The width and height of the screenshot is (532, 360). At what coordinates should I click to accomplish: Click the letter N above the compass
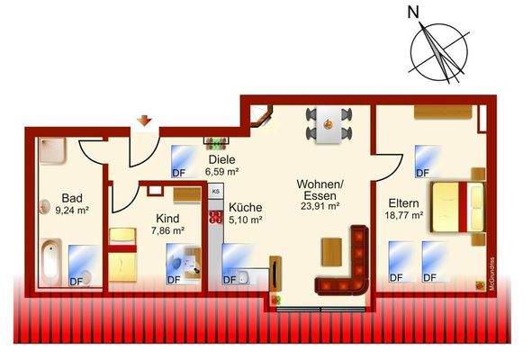tap(413, 13)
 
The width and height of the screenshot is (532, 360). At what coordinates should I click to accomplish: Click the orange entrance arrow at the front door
tap(143, 120)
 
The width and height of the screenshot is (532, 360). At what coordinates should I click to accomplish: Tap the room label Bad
tap(73, 198)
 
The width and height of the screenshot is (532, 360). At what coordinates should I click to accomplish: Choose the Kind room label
tap(167, 219)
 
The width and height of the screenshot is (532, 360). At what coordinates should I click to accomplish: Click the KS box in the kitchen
tap(216, 192)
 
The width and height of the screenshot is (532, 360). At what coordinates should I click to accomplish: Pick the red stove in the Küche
tap(216, 216)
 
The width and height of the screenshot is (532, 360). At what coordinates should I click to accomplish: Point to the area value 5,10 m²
tap(245, 219)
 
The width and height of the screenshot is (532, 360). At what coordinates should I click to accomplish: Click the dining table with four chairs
tap(327, 125)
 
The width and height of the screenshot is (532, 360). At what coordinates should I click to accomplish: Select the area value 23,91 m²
tap(320, 205)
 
